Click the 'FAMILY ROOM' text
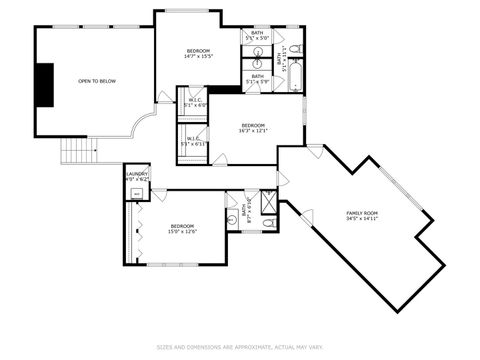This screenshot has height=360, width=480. coord(362,213)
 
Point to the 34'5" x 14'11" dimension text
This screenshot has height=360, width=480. coord(362,219)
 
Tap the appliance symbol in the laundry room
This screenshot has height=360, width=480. coord(136,195)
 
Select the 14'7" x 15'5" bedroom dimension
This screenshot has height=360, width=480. coord(198,56)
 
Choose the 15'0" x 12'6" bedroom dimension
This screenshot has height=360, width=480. coord(183,231)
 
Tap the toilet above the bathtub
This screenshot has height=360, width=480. coord(295,47)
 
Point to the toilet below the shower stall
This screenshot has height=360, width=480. coord(268,222)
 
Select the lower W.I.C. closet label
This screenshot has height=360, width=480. coord(192,141)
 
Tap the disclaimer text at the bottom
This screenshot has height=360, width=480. coord(240,348)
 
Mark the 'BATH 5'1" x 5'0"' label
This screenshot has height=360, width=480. coord(258,78)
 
